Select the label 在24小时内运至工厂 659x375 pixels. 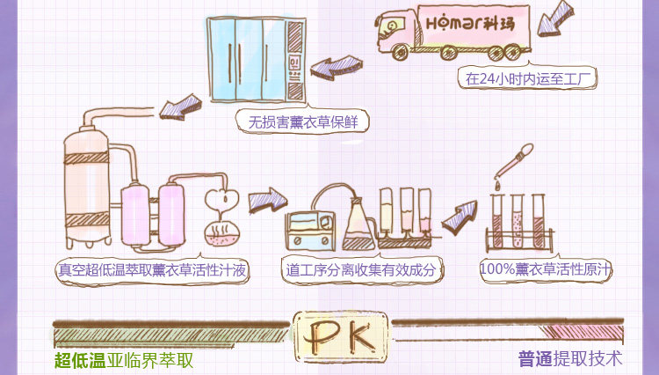528,77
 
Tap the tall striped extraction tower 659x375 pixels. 87,185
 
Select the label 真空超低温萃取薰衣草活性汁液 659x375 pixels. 151,270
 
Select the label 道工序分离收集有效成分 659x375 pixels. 360,270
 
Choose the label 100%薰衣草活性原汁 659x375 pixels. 546,269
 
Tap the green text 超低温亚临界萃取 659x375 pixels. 123,360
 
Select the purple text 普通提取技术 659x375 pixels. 569,359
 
